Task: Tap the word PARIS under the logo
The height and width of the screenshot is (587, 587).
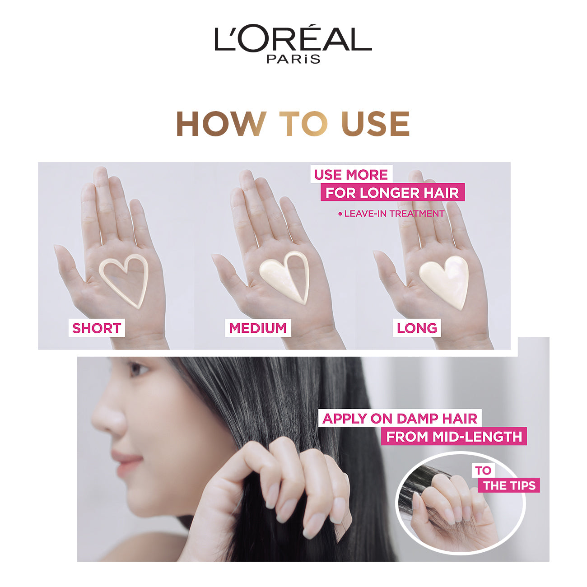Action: [293, 59]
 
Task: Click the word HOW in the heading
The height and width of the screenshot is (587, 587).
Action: [221, 124]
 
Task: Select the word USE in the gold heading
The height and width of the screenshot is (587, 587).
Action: [375, 124]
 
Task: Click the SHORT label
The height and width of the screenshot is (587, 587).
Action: [97, 328]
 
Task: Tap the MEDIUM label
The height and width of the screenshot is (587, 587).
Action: [258, 328]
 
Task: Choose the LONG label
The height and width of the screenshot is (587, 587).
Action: [417, 328]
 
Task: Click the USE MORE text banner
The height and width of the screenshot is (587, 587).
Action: [351, 175]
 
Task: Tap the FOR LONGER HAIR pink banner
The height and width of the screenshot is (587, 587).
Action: [392, 192]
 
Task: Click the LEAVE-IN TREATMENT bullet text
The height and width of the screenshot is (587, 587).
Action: [391, 214]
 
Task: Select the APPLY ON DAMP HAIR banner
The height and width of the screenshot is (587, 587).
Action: [400, 419]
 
